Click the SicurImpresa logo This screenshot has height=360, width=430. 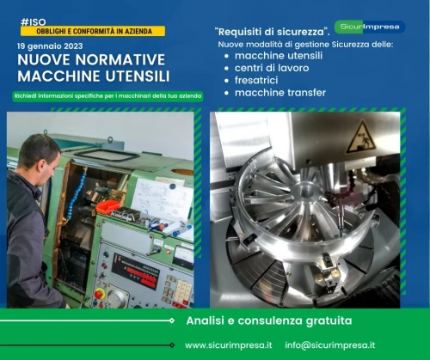click(x=370, y=27)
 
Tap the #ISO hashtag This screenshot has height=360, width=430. click(x=34, y=22)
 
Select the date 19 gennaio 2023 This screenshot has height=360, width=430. click(x=50, y=46)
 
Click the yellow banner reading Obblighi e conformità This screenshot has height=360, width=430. click(x=93, y=31)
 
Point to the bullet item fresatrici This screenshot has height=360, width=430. click(x=256, y=80)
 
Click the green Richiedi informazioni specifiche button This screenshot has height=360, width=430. click(x=107, y=96)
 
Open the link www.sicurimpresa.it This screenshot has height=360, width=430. click(x=229, y=345)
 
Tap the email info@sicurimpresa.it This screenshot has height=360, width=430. click(x=330, y=345)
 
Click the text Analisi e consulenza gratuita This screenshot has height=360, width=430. click(x=269, y=320)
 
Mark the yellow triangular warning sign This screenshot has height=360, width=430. click(x=361, y=137)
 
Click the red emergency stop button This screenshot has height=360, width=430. click(x=100, y=294)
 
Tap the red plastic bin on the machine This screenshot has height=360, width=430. click(x=108, y=207)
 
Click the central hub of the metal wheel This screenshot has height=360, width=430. click(x=305, y=191)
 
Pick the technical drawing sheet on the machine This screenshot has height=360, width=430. click(x=162, y=199)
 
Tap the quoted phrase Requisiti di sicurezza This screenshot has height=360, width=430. click(x=272, y=32)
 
